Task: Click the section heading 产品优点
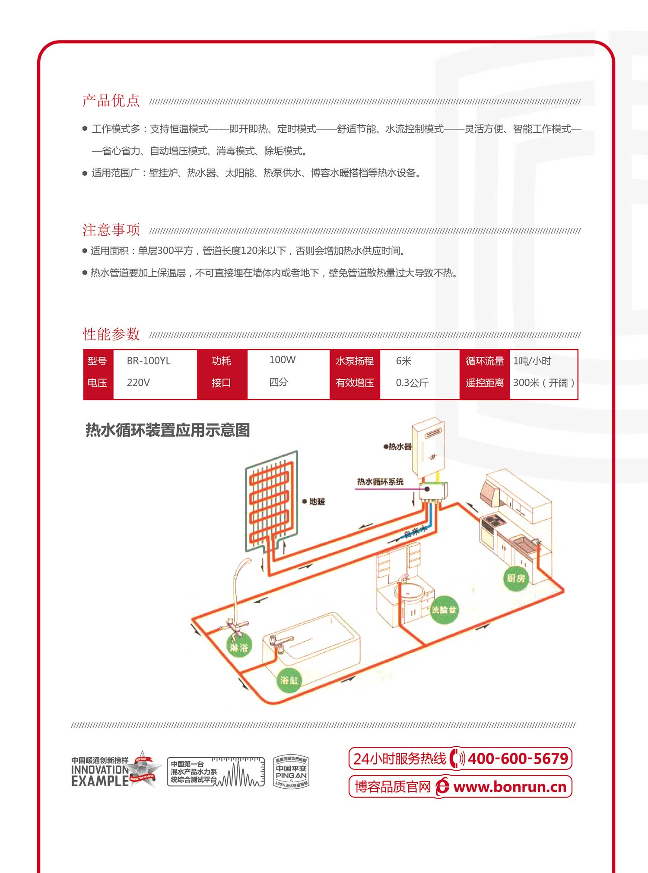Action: [111, 101]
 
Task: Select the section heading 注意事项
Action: [111, 230]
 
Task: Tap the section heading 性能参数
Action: [111, 334]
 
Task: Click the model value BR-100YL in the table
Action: [149, 361]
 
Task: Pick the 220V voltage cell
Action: [138, 383]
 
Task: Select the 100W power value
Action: [282, 360]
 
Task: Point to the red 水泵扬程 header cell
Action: [355, 361]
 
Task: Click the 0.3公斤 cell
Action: [412, 383]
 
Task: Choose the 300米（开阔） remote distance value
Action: [543, 383]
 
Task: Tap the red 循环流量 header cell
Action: [485, 361]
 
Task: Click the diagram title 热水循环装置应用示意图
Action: [168, 430]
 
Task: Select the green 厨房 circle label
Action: [516, 578]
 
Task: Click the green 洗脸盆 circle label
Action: [444, 610]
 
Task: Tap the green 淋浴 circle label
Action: [238, 647]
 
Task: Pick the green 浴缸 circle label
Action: [289, 680]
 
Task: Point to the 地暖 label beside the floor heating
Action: [317, 502]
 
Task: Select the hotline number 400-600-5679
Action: [518, 759]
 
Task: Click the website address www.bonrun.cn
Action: [510, 787]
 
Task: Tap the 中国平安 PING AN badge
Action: [291, 772]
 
